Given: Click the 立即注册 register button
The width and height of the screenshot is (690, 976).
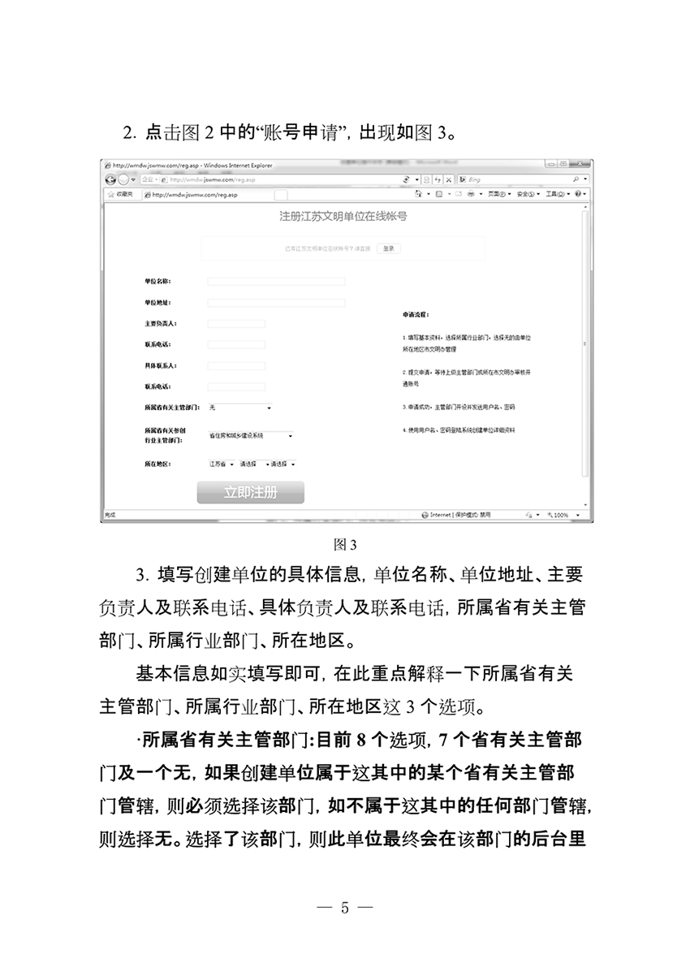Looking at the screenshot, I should coord(250,492).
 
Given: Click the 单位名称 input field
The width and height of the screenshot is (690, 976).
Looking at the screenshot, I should coord(276,282).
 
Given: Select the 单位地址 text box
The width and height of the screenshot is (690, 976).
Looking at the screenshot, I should coord(276,303).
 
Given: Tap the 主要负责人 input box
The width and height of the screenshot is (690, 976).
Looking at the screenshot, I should coord(236,324).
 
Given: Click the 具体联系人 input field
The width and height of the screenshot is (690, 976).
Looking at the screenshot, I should coord(236,366).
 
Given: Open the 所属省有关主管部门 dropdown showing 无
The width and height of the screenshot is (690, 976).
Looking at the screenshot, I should coord(240,407).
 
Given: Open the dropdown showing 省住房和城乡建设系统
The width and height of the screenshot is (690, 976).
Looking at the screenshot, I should coord(250,435).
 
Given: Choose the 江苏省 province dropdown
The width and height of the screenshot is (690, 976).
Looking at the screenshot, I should coord(220,464).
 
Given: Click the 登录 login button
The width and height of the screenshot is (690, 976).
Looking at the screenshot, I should coord(389,248).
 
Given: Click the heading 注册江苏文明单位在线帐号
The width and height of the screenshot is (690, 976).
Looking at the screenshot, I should coord(343,217).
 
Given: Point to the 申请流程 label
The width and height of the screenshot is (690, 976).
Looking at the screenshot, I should coord(416,313).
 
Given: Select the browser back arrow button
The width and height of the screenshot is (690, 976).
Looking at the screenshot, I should coord(110,179).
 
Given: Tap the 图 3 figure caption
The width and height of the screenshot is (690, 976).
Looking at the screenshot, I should coord(345,542).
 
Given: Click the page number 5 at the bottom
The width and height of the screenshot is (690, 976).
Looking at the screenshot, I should coord(345,907).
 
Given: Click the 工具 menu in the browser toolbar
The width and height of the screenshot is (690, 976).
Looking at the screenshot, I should coord(557,195).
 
